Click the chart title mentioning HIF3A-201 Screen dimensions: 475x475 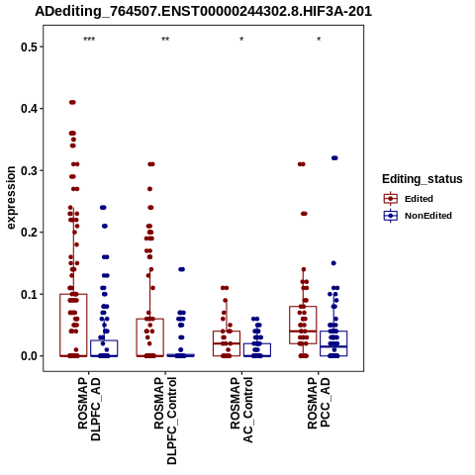click(204, 11)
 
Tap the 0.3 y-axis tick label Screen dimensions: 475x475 click(28, 170)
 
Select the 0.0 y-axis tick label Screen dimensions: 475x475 click(28, 356)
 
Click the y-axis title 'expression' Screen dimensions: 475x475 click(11, 198)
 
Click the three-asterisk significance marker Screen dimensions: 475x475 click(89, 40)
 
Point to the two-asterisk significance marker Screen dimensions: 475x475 click(165, 40)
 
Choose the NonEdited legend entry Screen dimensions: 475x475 click(418, 216)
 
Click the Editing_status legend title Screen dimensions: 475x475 click(423, 179)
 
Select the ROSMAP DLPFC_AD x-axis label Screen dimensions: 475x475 click(89, 409)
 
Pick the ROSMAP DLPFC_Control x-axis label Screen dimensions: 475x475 click(165, 421)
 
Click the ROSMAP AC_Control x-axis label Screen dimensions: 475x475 click(241, 410)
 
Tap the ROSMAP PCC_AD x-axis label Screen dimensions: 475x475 click(319, 403)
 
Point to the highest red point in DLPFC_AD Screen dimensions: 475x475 click(72, 102)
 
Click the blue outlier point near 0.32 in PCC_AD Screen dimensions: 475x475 click(334, 158)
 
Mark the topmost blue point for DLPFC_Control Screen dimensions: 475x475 click(181, 269)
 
